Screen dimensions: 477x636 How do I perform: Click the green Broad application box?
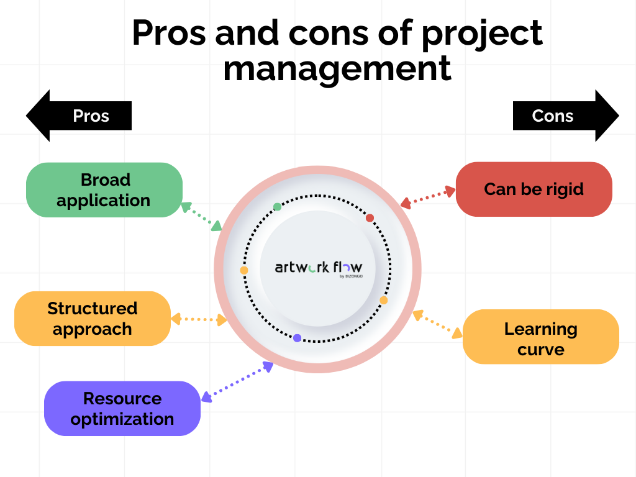104,190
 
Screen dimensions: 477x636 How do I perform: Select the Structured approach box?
92,319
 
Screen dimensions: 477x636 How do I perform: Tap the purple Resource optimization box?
122,409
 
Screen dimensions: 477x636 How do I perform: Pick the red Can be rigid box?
534,189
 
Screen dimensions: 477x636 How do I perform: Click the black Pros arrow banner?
79,116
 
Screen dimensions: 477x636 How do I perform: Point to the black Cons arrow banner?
565,116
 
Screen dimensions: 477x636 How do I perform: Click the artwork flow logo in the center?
318,268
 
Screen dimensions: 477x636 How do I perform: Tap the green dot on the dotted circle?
277,207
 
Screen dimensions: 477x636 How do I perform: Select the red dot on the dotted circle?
370,218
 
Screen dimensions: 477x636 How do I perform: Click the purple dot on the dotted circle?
297,338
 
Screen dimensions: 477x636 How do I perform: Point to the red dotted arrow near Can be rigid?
428,198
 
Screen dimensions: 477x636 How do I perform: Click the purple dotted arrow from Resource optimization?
237,380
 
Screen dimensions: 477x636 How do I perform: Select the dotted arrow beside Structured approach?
199,320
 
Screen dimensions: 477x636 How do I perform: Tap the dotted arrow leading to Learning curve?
437,324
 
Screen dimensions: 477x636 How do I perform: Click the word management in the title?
337,68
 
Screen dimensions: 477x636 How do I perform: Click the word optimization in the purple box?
122,419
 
